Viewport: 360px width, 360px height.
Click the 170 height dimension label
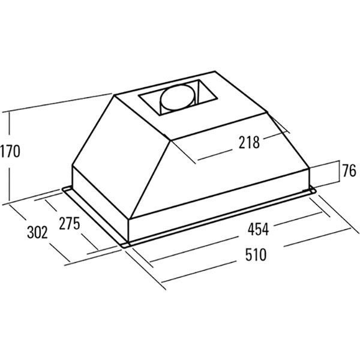click(10, 151)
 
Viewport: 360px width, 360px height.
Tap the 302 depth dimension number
click(37, 232)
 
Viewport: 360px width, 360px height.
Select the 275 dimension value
click(70, 223)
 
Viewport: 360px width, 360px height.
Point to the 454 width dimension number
click(258, 229)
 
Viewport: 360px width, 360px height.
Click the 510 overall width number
click(256, 254)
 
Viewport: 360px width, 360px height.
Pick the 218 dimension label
click(249, 142)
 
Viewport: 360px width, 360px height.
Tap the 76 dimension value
click(349, 170)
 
